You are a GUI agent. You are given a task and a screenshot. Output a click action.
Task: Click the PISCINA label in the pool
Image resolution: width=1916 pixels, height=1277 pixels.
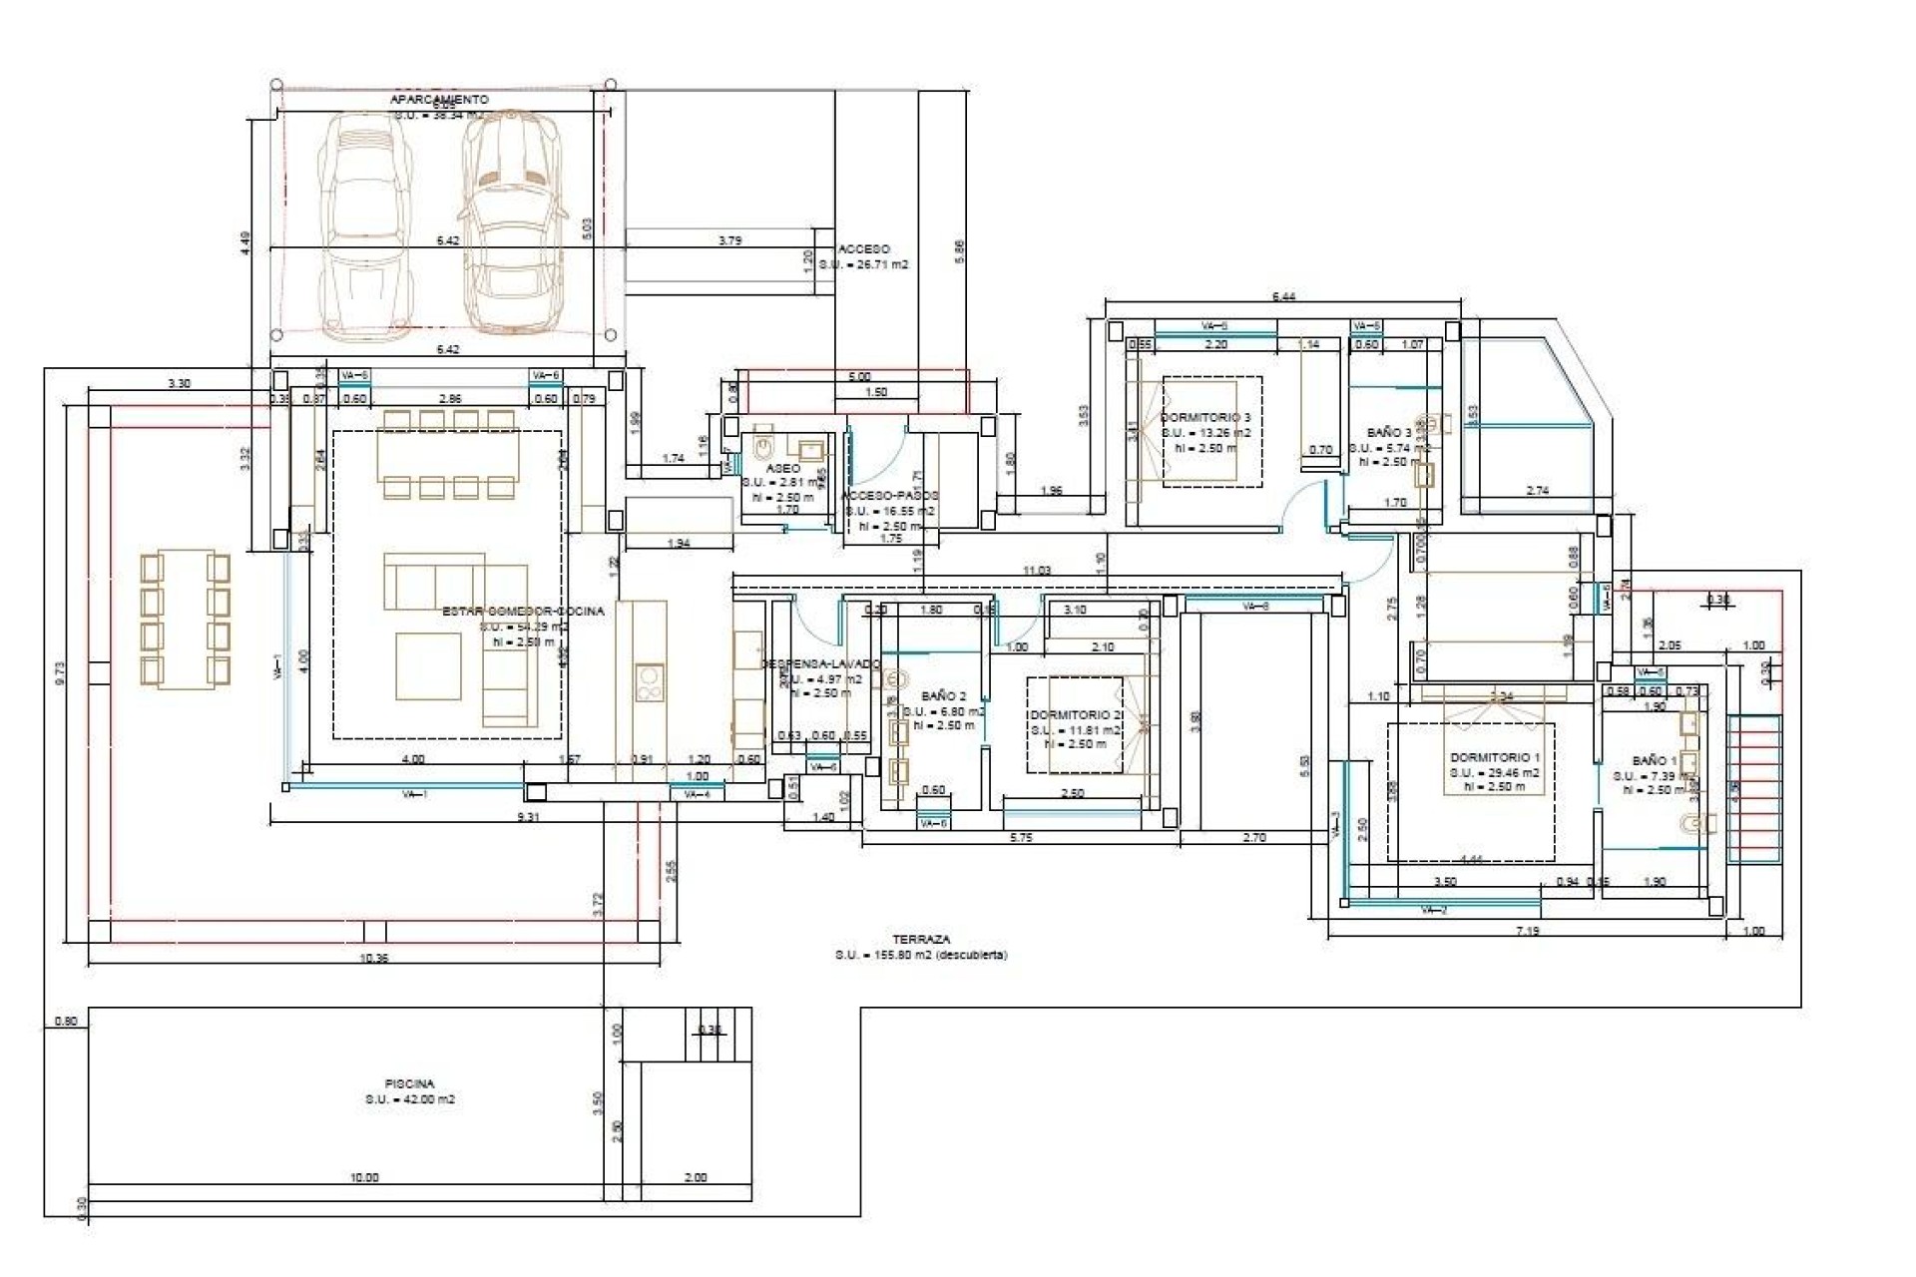point(409,1082)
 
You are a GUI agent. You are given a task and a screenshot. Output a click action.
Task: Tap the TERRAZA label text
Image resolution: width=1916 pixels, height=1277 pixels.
point(921,939)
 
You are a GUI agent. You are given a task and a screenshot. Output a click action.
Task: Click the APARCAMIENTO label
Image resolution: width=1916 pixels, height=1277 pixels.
point(439,100)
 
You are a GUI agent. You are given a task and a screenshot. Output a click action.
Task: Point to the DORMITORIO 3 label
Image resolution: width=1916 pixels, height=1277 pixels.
point(1205,417)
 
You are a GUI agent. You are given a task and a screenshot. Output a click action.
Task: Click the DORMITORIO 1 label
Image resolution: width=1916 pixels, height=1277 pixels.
point(1495,757)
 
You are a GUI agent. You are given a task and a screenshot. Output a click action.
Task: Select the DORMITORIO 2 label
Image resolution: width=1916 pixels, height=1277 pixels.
point(1077,714)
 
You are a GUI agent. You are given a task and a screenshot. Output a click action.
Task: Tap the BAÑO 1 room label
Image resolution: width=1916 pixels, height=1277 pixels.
point(1655,760)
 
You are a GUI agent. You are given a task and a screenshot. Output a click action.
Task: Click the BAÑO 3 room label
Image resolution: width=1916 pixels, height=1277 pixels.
point(1389,433)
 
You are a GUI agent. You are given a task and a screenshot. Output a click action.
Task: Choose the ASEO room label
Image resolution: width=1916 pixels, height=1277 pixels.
point(782,468)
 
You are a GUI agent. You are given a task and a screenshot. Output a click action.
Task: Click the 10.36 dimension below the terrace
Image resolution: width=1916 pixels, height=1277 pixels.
point(373,958)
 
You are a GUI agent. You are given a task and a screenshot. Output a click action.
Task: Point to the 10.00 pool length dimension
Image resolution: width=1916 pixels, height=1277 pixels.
point(364,1177)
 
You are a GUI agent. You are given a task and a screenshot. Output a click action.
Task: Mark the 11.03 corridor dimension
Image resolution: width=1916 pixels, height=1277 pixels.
point(1037,571)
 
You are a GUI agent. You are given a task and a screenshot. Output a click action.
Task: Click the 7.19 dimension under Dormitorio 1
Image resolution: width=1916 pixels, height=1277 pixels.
point(1527,931)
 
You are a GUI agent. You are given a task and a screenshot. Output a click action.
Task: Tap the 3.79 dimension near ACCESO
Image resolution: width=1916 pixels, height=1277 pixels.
point(729,240)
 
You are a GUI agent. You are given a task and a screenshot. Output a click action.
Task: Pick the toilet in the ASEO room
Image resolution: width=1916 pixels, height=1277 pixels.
point(763,442)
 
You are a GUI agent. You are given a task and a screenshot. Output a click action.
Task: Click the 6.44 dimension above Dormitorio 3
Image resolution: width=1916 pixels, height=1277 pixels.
point(1283,296)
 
